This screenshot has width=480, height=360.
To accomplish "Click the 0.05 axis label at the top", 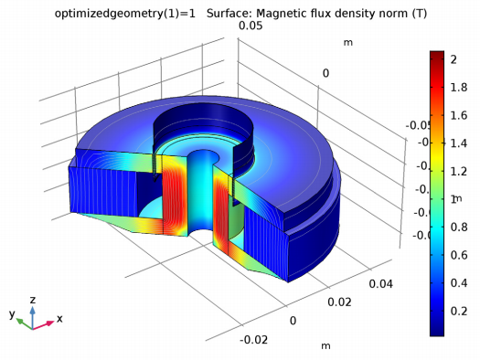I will pos(251,26).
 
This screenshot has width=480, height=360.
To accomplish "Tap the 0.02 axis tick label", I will pos(339,301).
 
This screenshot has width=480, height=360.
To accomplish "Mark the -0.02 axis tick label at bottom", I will pos(252,340).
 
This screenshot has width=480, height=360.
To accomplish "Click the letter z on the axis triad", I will pos(33,299).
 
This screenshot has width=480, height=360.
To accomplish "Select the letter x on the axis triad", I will pos(59,319).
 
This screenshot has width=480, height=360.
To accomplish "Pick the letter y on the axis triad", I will pos(12,313).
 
